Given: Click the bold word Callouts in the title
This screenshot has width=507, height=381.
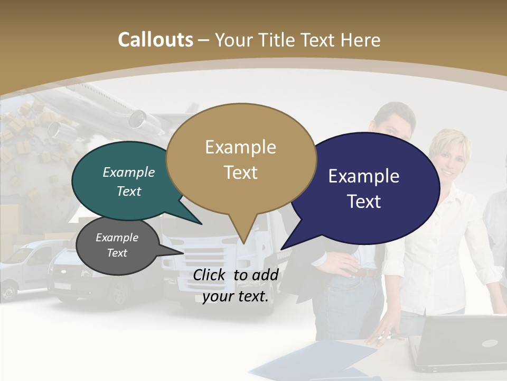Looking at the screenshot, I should coord(155,40).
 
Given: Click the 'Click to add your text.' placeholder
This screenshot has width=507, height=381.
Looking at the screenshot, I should coord(236,286).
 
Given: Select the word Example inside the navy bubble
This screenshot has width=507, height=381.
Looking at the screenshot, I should coord(364,176).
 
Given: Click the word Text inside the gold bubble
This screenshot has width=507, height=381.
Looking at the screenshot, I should coord(241,173).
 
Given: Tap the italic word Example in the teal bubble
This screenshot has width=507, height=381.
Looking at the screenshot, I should coord(129,173).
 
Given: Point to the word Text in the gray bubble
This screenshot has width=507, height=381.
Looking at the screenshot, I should coord(117,253).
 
